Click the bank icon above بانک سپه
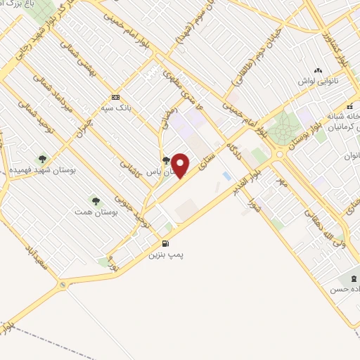tap(116, 98)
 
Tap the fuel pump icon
tap(165, 244)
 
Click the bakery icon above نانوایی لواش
tap(319, 70)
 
